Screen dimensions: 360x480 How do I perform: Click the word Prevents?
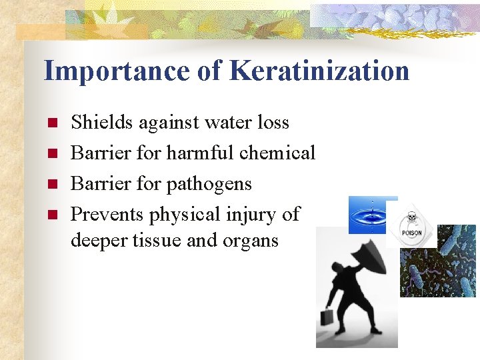[x=107, y=215]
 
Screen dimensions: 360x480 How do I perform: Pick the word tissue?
[x=154, y=240]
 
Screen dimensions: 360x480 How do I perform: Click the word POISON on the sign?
[x=410, y=233]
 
